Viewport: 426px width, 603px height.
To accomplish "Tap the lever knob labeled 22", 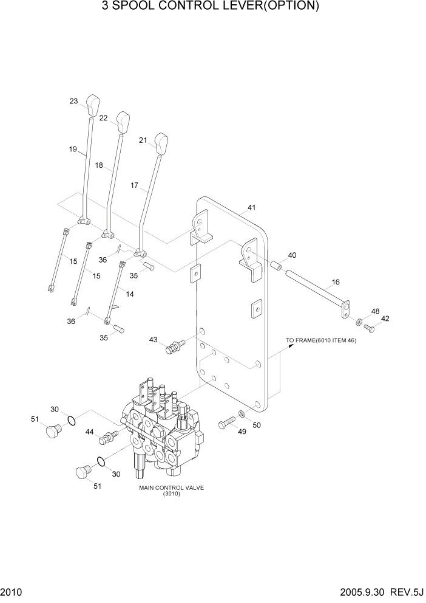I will [x=123, y=122].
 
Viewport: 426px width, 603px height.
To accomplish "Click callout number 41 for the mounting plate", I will [x=251, y=208].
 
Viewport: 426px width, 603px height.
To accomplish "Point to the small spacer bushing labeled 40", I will [x=274, y=266].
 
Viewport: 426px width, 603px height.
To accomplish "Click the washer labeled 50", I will [x=242, y=415].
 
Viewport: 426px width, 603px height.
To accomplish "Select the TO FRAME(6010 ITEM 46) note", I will [x=321, y=341].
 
